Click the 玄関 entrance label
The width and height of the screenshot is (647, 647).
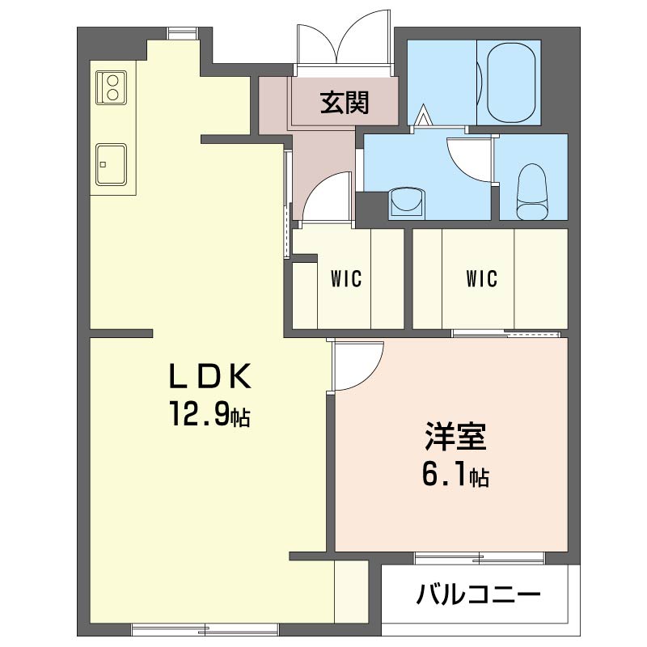345,103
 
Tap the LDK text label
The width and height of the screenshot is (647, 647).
210,375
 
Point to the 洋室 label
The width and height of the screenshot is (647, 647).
456,436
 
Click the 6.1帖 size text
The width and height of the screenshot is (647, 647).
455,475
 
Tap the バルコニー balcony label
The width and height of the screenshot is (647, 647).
478,594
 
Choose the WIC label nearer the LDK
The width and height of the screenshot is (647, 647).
346,278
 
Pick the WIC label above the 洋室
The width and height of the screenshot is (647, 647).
481,278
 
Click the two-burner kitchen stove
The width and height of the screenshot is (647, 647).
112,87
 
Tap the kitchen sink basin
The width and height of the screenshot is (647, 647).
111,164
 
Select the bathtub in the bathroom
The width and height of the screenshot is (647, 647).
511,81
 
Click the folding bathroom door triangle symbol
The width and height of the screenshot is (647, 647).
423,115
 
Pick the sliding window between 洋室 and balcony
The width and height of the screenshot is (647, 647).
480,558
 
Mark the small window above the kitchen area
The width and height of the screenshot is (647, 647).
182,33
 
